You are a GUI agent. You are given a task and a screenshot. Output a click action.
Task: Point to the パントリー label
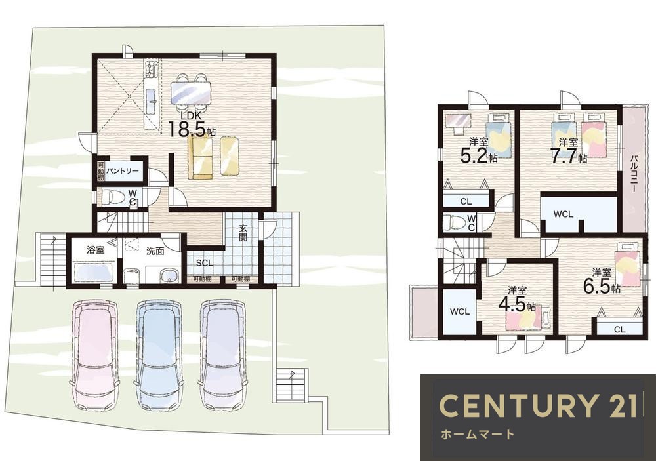(122, 172)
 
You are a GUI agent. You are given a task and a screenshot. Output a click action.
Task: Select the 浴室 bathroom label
(95, 250)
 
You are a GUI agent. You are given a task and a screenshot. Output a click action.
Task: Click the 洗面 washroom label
(155, 251)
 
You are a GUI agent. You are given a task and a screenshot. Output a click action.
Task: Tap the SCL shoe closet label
(205, 263)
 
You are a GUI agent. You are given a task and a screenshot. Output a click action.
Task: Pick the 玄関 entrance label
(243, 233)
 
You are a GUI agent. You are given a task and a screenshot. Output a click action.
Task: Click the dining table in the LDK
(191, 92)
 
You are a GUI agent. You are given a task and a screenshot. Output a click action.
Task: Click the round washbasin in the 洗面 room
(169, 275)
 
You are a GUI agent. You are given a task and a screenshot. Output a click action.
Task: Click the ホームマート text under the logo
(478, 434)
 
